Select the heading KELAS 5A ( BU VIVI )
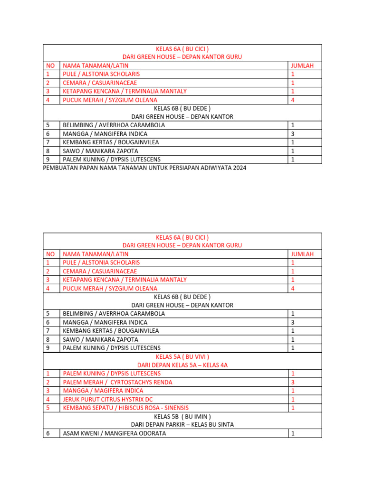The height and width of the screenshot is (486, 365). pyautogui.click(x=182, y=356)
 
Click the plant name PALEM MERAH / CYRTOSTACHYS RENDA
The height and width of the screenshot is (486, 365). pyautogui.click(x=117, y=382)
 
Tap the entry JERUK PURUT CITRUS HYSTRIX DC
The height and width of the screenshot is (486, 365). pyautogui.click(x=108, y=399)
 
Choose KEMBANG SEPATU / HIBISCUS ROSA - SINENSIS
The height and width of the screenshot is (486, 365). pyautogui.click(x=125, y=408)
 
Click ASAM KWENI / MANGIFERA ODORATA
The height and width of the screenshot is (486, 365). pyautogui.click(x=111, y=433)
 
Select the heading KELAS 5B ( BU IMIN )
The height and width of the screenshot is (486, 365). pyautogui.click(x=182, y=416)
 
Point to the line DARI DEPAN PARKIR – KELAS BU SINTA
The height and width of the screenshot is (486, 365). pyautogui.click(x=182, y=424)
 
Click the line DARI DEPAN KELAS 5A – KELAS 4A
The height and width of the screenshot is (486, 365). pyautogui.click(x=182, y=365)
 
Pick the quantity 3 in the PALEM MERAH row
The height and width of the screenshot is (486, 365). pyautogui.click(x=293, y=382)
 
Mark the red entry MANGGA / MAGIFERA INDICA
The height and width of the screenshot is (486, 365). pyautogui.click(x=103, y=391)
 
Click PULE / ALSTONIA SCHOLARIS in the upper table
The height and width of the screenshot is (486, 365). pyautogui.click(x=101, y=74)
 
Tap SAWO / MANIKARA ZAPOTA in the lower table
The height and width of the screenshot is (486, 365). pyautogui.click(x=100, y=339)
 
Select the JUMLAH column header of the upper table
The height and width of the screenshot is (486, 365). pyautogui.click(x=302, y=65)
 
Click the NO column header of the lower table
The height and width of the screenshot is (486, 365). pyautogui.click(x=50, y=254)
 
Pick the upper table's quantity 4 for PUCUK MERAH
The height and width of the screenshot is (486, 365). pyautogui.click(x=293, y=100)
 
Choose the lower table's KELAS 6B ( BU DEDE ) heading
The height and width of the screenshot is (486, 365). pyautogui.click(x=182, y=297)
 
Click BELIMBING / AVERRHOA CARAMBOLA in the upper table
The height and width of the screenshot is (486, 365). pyautogui.click(x=114, y=125)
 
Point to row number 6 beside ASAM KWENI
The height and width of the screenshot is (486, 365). pyautogui.click(x=48, y=433)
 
